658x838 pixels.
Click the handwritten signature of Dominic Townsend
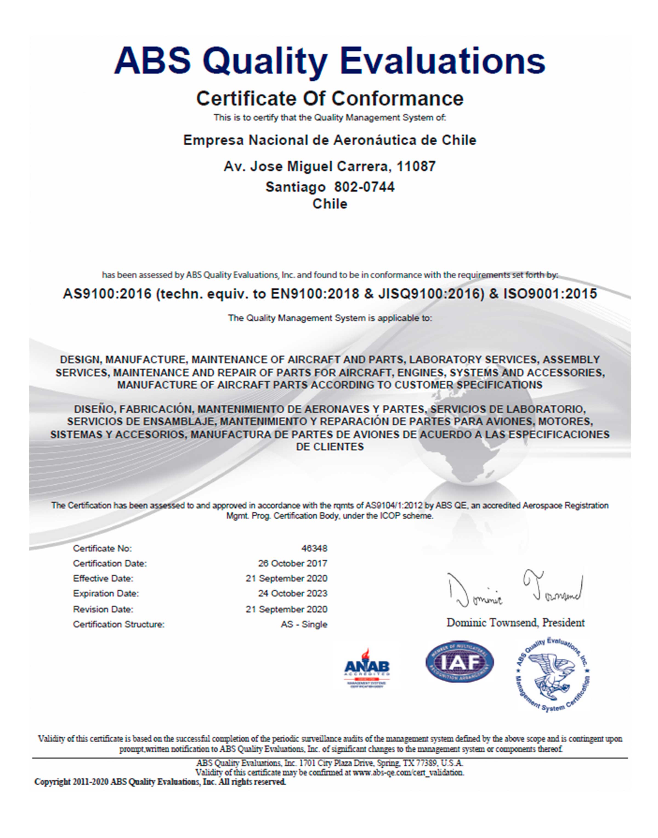point(515,588)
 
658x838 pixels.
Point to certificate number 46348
point(314,548)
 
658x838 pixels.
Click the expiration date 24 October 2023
point(293,593)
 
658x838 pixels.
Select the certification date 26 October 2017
point(293,563)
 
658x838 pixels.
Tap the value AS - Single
point(304,624)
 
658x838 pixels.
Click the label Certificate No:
point(103,548)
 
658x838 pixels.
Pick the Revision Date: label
point(103,609)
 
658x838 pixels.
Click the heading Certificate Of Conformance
point(330,98)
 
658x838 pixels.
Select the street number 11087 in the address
point(416,167)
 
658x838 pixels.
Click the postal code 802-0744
point(364,187)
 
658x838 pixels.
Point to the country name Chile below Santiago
point(330,204)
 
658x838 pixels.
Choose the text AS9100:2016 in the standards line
point(107,294)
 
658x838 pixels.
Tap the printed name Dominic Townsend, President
point(515,622)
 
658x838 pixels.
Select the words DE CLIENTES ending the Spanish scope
point(330,447)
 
